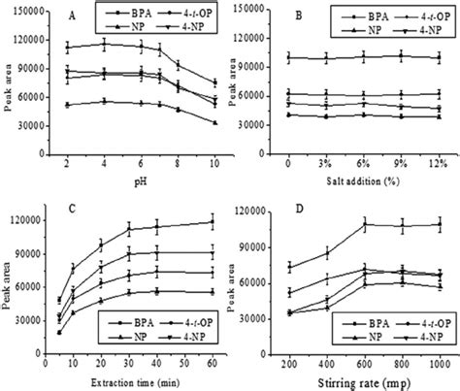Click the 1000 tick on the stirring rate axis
pyautogui.click(x=439, y=357)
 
